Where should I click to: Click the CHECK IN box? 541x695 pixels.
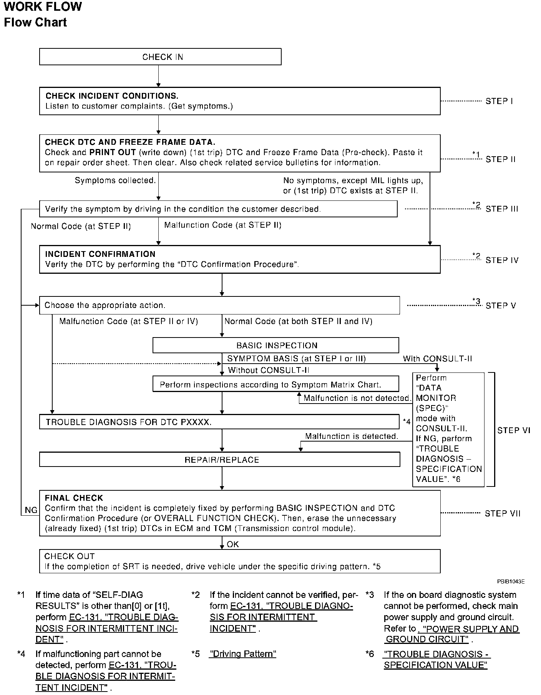tap(160, 57)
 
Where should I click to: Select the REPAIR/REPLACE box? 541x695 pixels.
tap(219, 460)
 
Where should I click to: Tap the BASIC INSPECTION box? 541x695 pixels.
tap(275, 345)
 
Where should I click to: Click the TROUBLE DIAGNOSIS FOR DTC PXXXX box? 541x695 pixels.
tap(219, 422)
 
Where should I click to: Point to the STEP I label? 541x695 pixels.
tap(499, 101)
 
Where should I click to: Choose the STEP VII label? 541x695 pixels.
tap(503, 513)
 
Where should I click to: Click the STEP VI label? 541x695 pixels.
tap(514, 430)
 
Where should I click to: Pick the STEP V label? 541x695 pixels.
tap(501, 306)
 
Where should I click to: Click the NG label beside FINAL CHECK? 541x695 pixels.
tap(31, 510)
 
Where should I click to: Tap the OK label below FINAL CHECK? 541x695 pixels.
tap(233, 544)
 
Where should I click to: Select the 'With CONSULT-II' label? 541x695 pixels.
tap(437, 359)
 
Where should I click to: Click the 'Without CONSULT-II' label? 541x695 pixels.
tap(269, 370)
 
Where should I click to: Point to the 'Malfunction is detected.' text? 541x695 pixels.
tap(352, 436)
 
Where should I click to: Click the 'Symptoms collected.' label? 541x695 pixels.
tap(115, 180)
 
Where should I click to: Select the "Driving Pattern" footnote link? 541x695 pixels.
tap(242, 654)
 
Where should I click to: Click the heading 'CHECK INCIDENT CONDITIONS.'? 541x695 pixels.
tap(112, 96)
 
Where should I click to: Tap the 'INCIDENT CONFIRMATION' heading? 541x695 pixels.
tap(100, 254)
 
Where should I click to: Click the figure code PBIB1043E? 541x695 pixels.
tap(511, 582)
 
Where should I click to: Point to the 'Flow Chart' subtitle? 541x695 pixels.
tap(35, 22)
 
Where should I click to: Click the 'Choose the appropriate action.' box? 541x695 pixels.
tap(219, 305)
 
